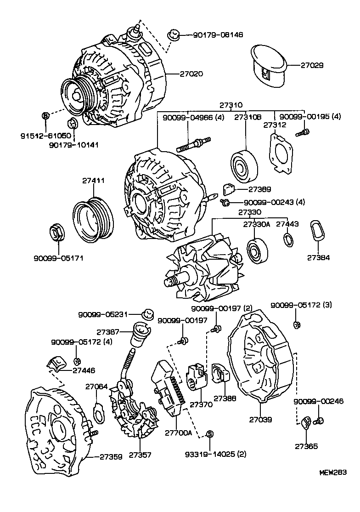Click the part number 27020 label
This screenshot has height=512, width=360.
point(191,74)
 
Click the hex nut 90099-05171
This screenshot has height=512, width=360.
point(56,233)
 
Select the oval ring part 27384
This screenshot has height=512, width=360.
point(317,230)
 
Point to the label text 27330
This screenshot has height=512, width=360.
point(249,212)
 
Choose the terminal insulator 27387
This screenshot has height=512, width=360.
point(139,335)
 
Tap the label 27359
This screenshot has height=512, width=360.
point(111,457)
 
